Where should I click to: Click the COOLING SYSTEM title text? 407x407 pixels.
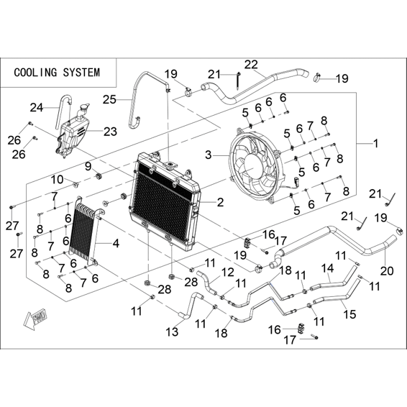(x=57, y=73)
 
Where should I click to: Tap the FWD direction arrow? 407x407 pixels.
(x=35, y=319)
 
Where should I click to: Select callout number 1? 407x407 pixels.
(x=375, y=143)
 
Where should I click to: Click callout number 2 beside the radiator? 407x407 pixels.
(x=220, y=202)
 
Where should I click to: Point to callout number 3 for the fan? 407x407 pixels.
(x=209, y=155)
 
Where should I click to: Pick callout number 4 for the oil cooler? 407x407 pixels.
(x=116, y=244)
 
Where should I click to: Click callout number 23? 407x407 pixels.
(x=110, y=132)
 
